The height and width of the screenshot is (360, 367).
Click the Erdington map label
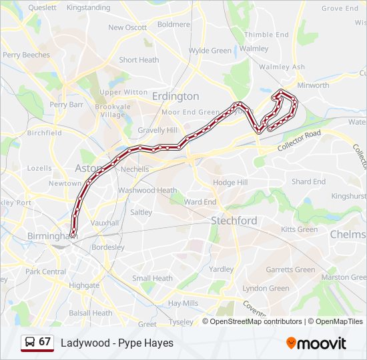pyautogui.click(x=175, y=96)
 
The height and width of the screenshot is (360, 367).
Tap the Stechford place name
pyautogui.click(x=234, y=220)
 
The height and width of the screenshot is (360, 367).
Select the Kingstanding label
pyautogui.click(x=88, y=7)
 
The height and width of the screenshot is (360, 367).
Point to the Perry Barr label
pyautogui.click(x=66, y=105)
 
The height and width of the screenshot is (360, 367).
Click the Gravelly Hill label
pyautogui.click(x=157, y=130)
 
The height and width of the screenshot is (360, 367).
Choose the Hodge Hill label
pyautogui.click(x=230, y=182)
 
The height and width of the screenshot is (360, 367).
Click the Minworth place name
pyautogui.click(x=313, y=85)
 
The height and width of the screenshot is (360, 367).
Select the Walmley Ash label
pyautogui.click(x=282, y=67)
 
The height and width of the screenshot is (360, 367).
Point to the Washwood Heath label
pyautogui.click(x=147, y=190)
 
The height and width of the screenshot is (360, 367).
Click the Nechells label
pyautogui.click(x=135, y=169)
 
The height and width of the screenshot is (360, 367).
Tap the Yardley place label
pyautogui.click(x=221, y=269)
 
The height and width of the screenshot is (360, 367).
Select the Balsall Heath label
pyautogui.click(x=91, y=313)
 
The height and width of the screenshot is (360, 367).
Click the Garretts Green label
pyautogui.click(x=290, y=269)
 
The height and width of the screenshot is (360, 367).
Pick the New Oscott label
pyautogui.click(x=127, y=27)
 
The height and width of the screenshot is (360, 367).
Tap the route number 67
pyautogui.click(x=45, y=342)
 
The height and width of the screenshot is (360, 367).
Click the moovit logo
pyautogui.click(x=316, y=343)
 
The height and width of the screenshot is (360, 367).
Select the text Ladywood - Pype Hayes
pyautogui.click(x=117, y=343)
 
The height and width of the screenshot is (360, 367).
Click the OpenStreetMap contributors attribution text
pyautogui.click(x=256, y=321)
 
